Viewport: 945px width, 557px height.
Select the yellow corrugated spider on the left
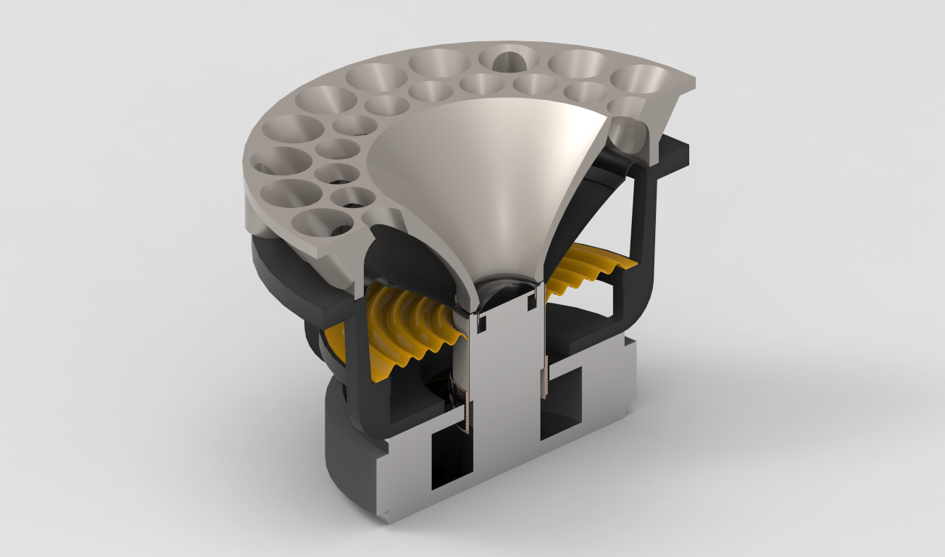coord(406,326)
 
